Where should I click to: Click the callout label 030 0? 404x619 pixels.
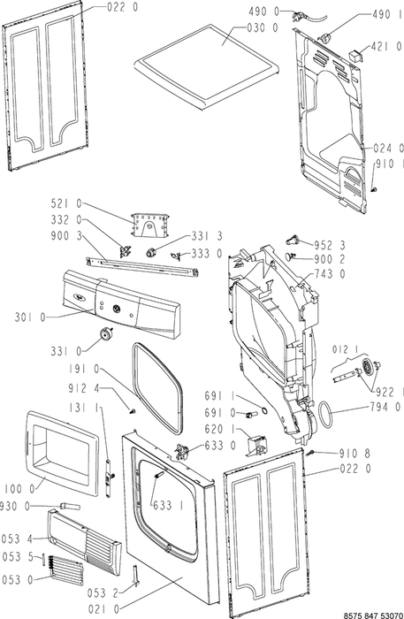tap(263, 27)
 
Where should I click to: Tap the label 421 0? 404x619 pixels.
tap(387, 47)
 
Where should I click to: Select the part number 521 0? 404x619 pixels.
tap(66, 203)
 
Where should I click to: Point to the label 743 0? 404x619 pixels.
tap(330, 273)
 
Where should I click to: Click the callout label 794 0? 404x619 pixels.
tap(385, 406)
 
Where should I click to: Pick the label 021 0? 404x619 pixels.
tap(103, 609)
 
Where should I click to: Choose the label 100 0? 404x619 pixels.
tap(19, 489)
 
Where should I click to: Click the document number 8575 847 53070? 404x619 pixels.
tap(374, 615)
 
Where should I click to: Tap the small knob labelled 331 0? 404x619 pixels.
tap(105, 333)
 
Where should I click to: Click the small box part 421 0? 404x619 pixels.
tap(356, 55)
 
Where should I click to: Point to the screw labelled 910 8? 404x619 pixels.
tap(312, 452)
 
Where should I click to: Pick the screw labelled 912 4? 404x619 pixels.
tap(133, 412)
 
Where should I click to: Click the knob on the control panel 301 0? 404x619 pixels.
tap(117, 309)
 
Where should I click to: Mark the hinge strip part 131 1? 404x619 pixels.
tap(109, 477)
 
